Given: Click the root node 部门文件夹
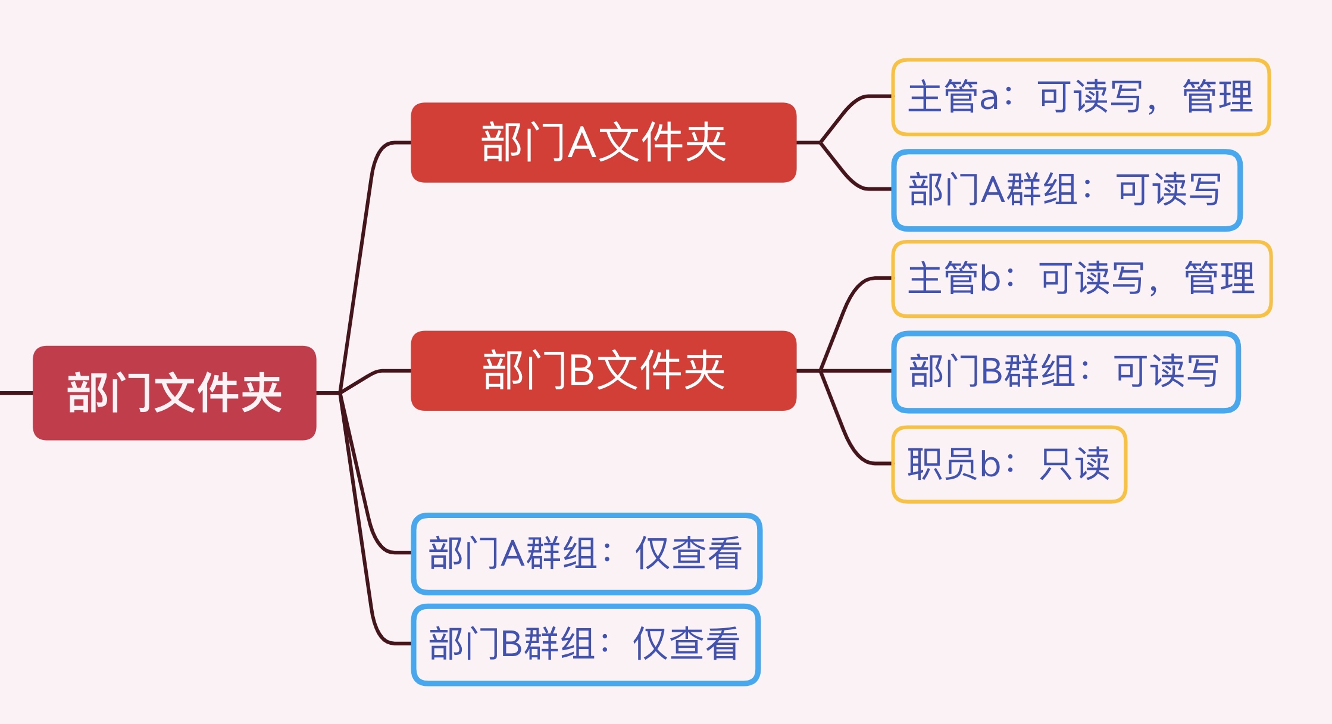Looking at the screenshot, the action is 174,393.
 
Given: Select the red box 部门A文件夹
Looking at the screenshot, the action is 604,142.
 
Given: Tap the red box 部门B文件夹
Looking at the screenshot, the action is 604,370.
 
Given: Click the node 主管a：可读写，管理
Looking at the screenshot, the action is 1081,97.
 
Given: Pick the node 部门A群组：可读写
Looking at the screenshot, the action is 1067,190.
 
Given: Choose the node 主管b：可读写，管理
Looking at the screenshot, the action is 1081,279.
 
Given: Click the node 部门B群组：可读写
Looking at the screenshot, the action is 1066,372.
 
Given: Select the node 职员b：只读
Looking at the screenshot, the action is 1009,464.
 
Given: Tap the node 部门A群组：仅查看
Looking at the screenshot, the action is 587,554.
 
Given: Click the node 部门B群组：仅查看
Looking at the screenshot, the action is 586,645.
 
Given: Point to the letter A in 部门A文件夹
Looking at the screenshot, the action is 582,143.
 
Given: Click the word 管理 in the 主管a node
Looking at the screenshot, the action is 1218,96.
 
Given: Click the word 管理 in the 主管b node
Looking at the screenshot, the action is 1220,278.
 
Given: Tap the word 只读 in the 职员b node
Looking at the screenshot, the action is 1075,463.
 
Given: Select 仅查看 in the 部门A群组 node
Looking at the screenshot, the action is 689,553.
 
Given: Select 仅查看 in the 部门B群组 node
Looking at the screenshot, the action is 686,644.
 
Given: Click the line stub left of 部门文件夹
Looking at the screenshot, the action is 16,393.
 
